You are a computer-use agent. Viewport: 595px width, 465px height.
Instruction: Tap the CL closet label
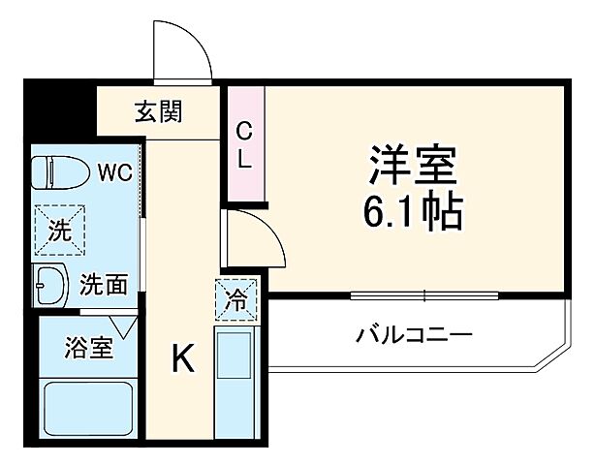coord(244,145)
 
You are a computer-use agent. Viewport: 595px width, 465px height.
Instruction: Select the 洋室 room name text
coord(411,165)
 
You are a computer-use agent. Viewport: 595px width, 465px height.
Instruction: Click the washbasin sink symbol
coord(49,286)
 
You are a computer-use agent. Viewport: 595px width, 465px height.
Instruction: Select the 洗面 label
coord(104,285)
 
